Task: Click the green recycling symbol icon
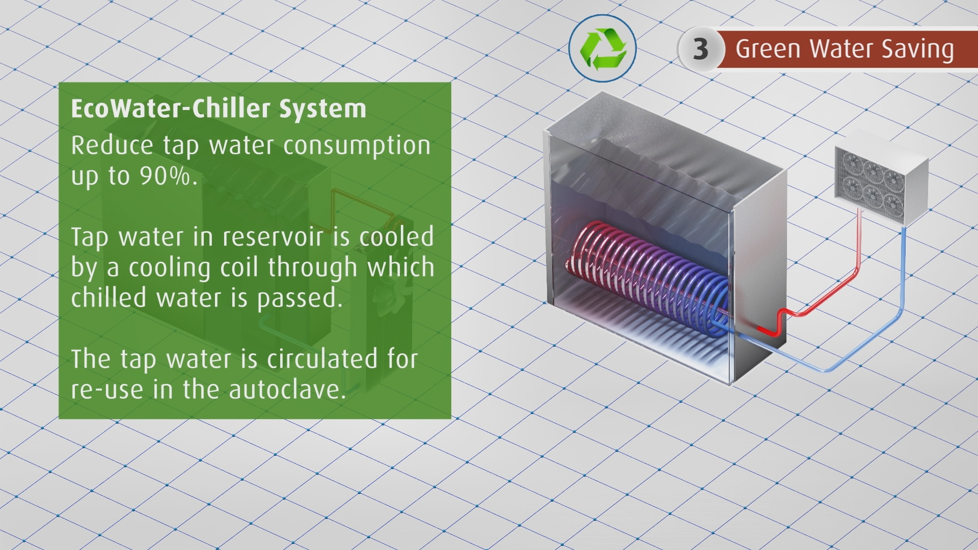coord(603,48)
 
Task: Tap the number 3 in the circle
coord(700,49)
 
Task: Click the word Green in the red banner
coord(769,49)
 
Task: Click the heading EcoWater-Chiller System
coord(219,108)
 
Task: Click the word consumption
coord(357,146)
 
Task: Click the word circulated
coord(322,359)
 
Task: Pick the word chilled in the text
coord(108,298)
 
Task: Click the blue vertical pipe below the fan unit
coord(904,270)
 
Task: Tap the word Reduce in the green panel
coord(112,146)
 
